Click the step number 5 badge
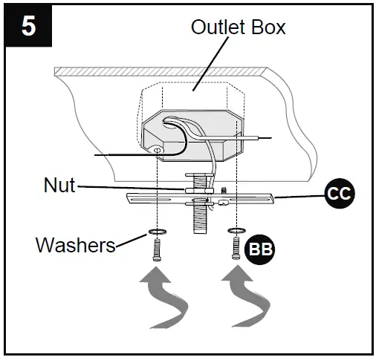[x=27, y=27]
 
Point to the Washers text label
[x=75, y=244]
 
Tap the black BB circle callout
[x=259, y=249]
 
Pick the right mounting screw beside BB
[x=236, y=249]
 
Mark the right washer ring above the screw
[x=236, y=230]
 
